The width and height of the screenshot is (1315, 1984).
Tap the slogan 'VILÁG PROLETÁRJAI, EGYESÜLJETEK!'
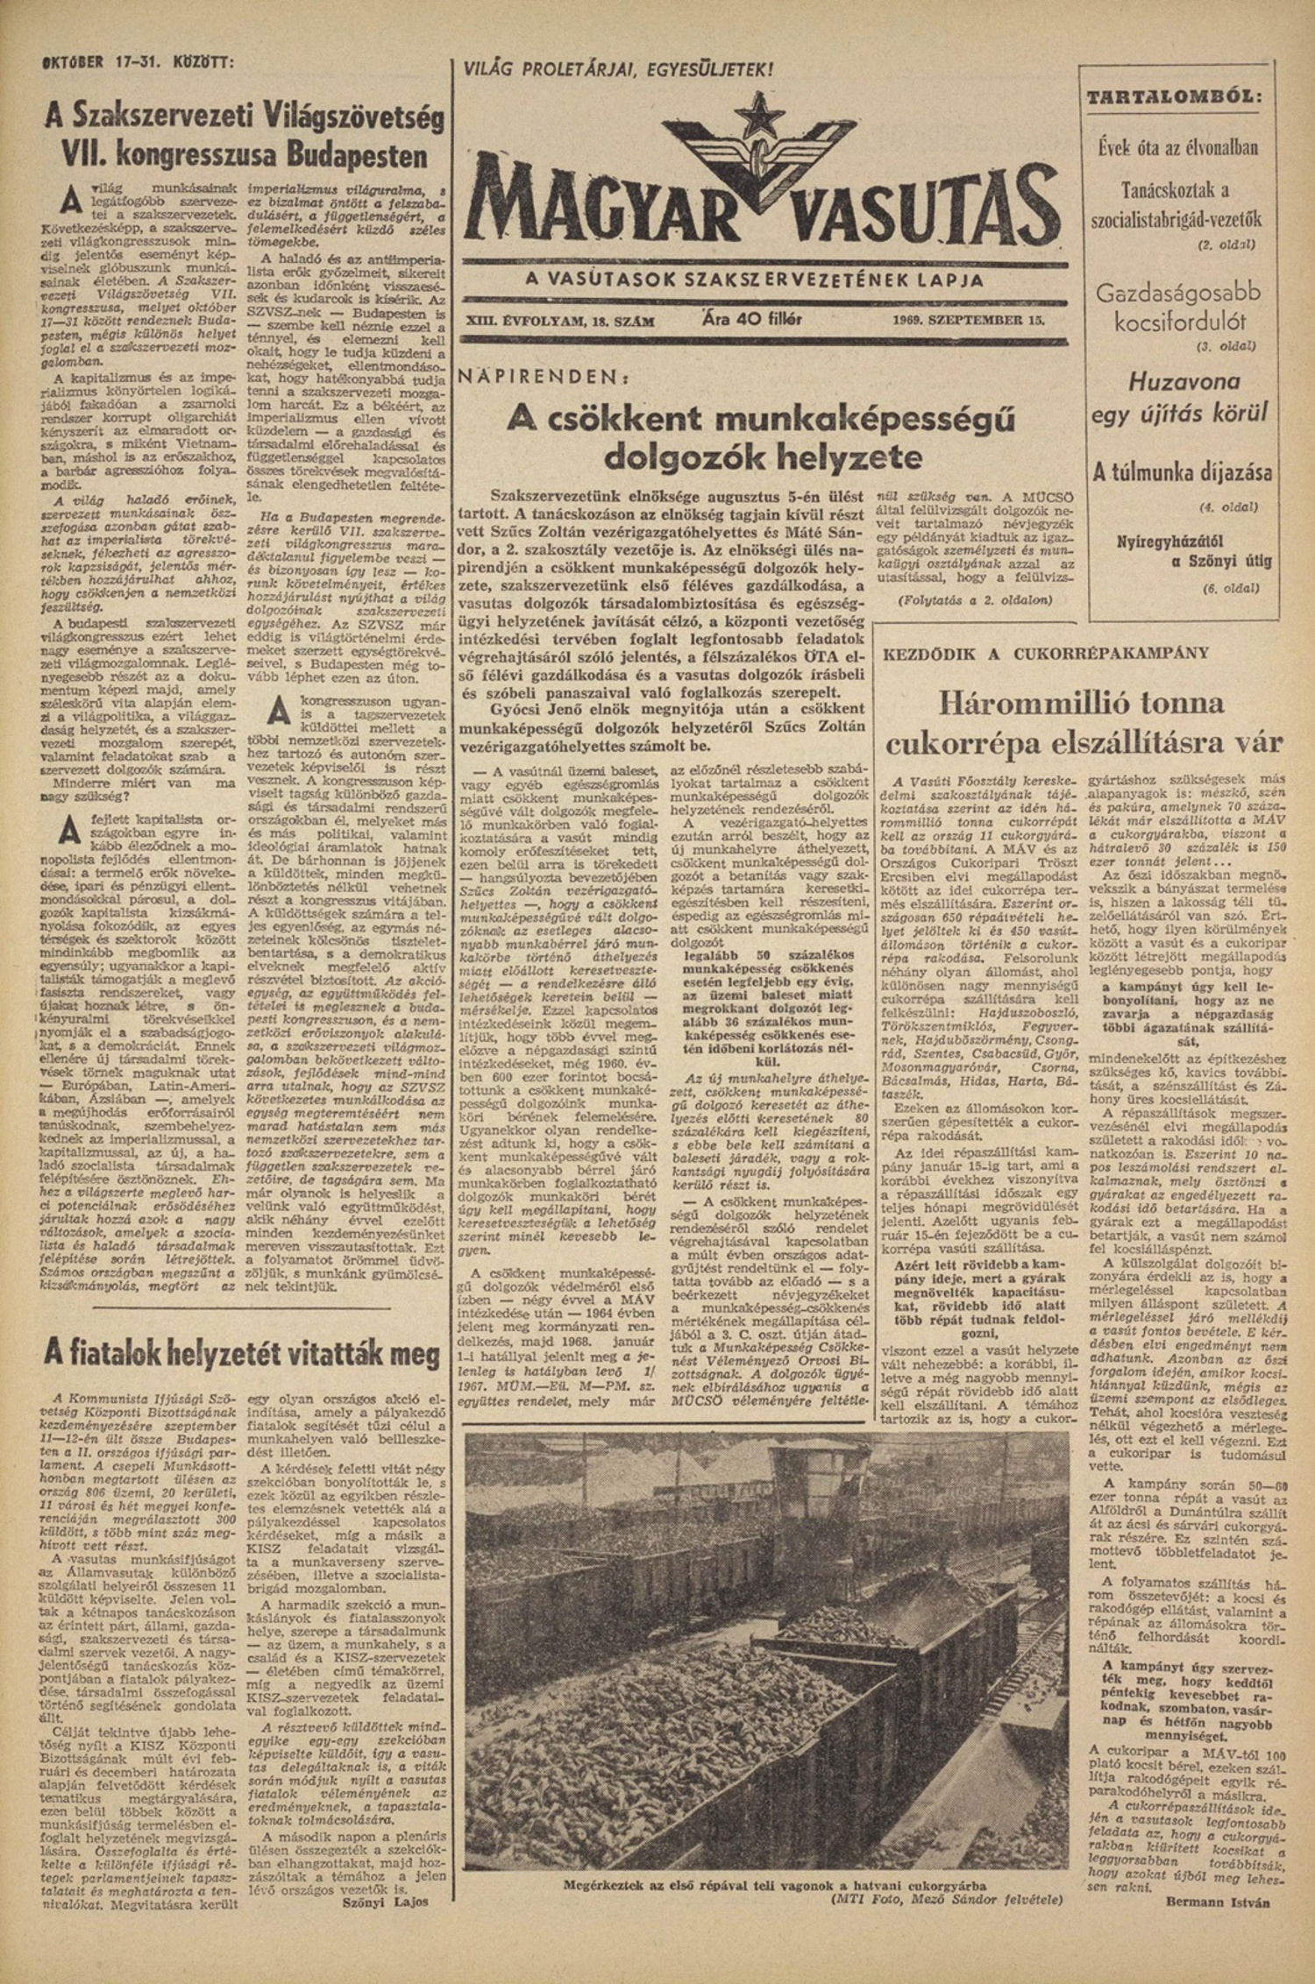point(618,68)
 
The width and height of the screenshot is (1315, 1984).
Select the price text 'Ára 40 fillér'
point(753,319)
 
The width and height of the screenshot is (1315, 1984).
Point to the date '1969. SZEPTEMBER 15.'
point(969,320)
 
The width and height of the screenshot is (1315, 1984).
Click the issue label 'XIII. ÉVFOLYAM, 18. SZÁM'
point(561,321)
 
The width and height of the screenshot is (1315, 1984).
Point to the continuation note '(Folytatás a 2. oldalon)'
point(975,600)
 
